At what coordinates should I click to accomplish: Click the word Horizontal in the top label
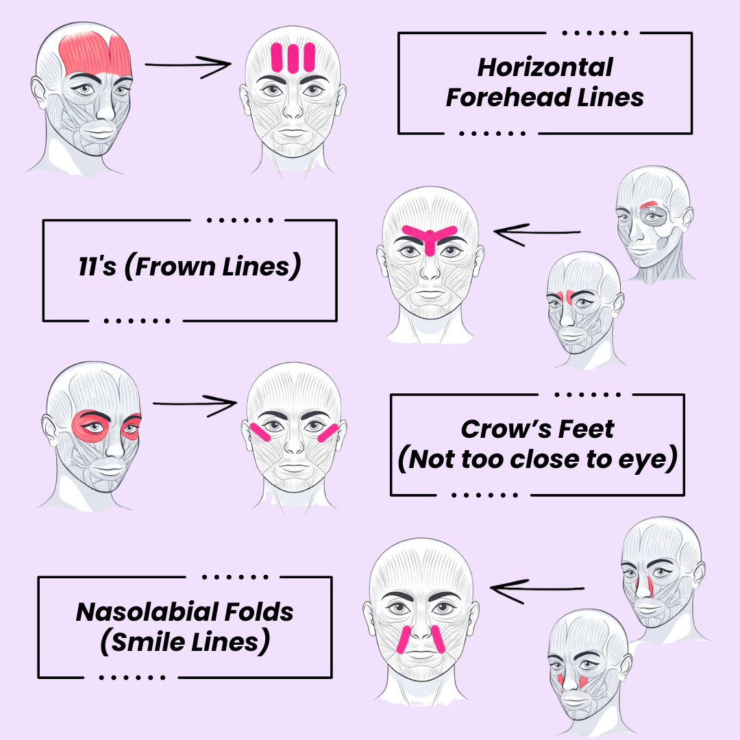point(545,67)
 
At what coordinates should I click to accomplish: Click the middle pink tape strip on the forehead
point(293,58)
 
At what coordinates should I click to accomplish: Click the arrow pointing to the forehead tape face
point(188,66)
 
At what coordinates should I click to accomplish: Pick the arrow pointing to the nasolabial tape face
point(537,587)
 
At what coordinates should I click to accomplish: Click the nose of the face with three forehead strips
point(293,110)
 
